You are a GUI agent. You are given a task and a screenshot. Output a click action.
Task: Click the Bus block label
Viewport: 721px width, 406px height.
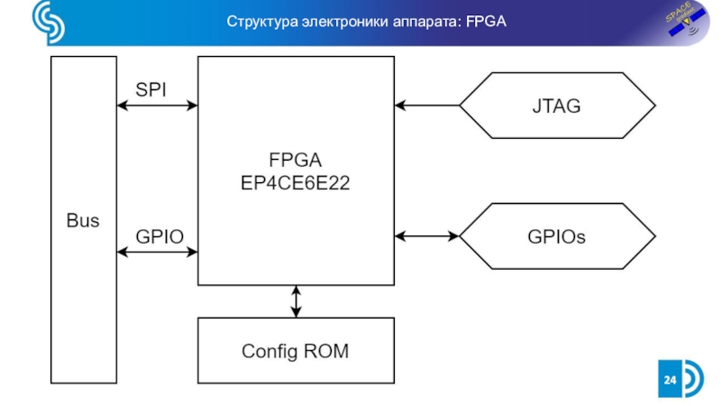pos(83,220)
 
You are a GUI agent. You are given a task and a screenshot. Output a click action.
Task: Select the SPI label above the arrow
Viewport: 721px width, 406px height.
pos(151,89)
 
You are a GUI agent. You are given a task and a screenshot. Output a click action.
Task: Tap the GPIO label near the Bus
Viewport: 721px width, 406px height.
pos(160,236)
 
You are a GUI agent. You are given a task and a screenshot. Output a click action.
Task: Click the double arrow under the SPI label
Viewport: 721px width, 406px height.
pos(158,106)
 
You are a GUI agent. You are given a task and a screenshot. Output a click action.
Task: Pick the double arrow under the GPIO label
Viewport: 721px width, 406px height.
pos(158,252)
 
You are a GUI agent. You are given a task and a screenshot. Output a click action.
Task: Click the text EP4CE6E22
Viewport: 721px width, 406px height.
pos(296,182)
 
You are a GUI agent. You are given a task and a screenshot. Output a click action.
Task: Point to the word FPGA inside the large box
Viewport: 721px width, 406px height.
pos(296,161)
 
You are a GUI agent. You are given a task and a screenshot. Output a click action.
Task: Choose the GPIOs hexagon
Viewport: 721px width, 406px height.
pos(556,236)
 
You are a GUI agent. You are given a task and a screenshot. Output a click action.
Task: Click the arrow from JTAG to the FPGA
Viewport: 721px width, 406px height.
pos(427,106)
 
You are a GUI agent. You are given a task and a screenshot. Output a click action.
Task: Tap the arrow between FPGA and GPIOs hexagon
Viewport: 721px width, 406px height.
pos(427,236)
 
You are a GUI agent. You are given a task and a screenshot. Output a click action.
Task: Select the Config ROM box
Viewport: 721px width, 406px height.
pos(296,350)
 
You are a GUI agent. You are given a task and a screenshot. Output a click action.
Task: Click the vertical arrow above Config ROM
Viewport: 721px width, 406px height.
pos(296,301)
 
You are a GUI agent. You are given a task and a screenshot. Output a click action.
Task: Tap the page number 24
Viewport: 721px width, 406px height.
pos(670,381)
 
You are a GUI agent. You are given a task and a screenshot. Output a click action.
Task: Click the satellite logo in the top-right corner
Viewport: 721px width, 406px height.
pos(683,22)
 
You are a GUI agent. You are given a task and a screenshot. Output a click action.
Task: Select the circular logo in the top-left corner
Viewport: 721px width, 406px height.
pos(47,23)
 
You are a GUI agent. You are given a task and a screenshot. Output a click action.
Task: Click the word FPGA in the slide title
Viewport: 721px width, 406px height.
pos(487,21)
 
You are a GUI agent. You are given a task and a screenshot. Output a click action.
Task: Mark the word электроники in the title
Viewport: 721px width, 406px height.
pos(338,21)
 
